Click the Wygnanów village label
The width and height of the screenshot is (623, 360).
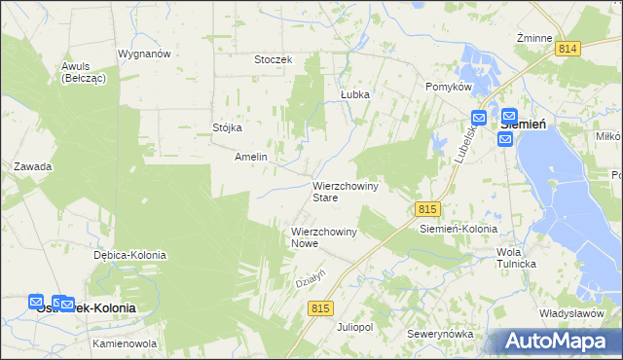pos(144,54)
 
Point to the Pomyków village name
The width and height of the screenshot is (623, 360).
pos(449,87)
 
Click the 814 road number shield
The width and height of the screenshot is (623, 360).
pos(568,48)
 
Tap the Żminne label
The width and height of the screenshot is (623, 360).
pos(535,38)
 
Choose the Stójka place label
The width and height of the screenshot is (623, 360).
pos(227,127)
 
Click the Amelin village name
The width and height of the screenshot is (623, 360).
pos(251,157)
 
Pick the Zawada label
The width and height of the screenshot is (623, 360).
pos(32,166)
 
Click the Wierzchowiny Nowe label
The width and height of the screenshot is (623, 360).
pos(325,237)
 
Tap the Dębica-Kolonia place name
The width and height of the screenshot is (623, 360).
pos(129,255)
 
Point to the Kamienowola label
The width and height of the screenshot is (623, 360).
pos(125,344)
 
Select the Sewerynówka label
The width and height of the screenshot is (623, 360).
pos(441,334)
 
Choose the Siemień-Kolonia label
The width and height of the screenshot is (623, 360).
pos(458,229)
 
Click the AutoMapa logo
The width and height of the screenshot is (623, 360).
pos(558,342)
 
